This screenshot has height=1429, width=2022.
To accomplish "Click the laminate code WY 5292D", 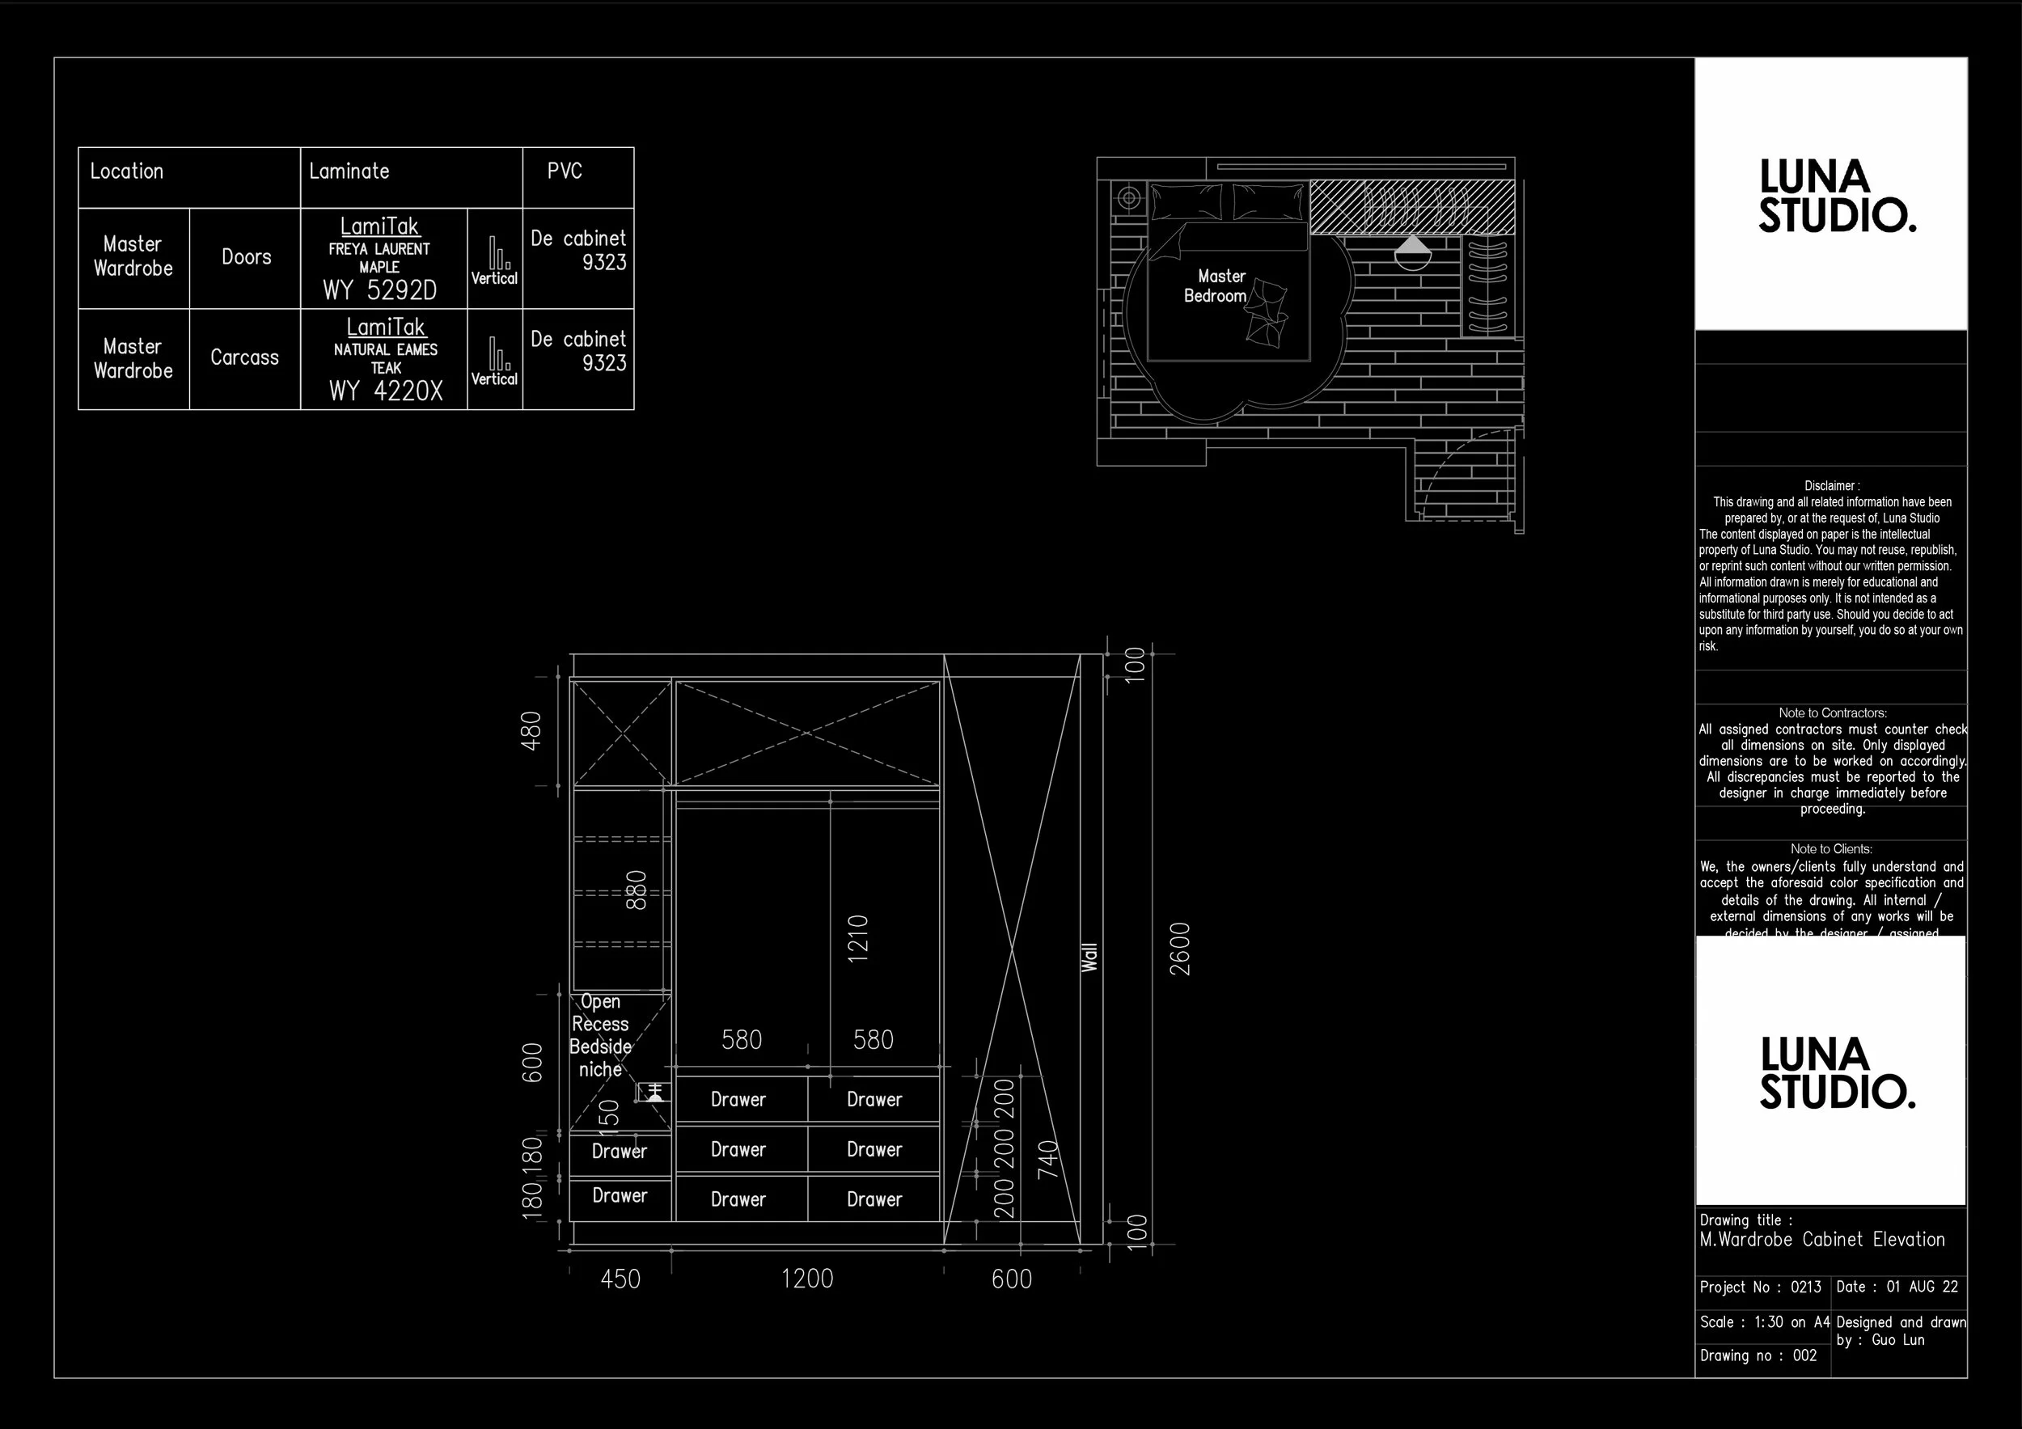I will coord(379,290).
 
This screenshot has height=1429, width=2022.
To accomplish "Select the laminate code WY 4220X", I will coord(386,391).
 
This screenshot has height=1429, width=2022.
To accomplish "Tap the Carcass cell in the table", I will coord(244,357).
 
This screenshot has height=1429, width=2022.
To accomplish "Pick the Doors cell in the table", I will coord(246,257).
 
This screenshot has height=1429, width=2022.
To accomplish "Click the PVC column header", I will coord(565,171).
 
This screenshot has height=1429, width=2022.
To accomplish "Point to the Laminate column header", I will coord(349,171).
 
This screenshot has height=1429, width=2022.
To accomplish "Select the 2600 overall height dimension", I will coord(1180,949).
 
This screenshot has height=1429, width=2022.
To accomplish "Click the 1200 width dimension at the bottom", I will coord(806,1279).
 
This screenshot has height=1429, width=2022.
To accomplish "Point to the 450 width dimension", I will coord(620,1279).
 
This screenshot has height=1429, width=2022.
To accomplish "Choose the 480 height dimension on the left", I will coord(531,731).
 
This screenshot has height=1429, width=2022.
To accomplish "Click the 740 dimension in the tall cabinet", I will coord(1048,1160).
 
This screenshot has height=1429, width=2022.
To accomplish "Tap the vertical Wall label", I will coord(1089,957).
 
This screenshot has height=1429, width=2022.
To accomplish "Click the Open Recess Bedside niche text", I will coord(601,1035).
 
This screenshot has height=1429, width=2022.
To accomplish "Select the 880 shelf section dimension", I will coord(636,890).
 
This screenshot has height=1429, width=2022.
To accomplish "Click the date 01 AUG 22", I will coord(1922,1287).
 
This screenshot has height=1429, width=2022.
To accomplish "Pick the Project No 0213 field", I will coord(1760,1287).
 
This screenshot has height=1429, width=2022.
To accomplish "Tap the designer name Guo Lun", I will coord(1897,1339).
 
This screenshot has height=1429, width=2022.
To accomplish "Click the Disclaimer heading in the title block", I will coord(1831,486).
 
